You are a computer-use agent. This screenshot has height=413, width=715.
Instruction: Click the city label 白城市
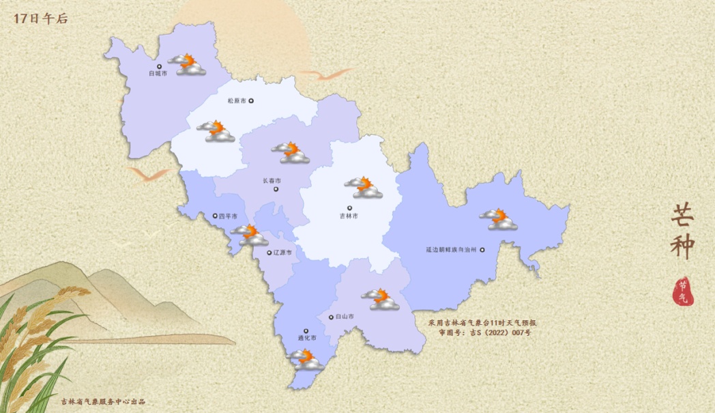158,74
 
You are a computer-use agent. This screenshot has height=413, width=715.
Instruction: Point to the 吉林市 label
349,216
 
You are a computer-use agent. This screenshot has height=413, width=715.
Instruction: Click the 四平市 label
227,216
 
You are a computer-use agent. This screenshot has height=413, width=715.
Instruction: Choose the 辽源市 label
282,253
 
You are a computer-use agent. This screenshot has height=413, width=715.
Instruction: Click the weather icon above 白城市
187,65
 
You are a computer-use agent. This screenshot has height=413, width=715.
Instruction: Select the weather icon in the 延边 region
498,219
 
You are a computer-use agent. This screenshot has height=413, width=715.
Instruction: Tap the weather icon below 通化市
305,360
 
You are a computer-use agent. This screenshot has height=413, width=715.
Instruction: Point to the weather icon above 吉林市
363,187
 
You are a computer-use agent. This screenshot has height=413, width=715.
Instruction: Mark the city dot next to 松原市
251,101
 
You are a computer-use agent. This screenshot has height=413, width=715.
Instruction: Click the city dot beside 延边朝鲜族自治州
482,250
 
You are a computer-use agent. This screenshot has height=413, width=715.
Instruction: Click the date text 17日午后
40,19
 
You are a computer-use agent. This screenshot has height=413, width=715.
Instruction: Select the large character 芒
683,216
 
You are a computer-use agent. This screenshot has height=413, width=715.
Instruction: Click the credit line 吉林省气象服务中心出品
103,401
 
